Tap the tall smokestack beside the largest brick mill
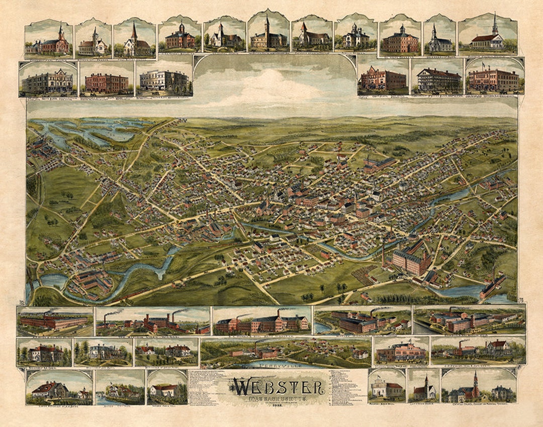(383, 254)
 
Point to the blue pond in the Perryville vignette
(271, 363)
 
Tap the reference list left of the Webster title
(208, 387)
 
